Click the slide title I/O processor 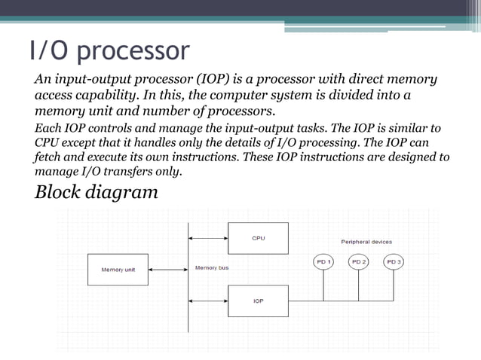click(109, 50)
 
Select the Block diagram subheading click(97, 191)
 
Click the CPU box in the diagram click(258, 238)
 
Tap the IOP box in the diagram click(258, 301)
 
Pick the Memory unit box click(118, 270)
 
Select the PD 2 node click(359, 261)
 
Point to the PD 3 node click(394, 261)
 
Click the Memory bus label click(211, 267)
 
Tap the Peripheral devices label click(366, 242)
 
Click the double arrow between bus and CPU click(208, 239)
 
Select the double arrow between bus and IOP click(208, 301)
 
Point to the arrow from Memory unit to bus click(167, 270)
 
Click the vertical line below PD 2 click(359, 285)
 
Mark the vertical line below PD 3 click(394, 285)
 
